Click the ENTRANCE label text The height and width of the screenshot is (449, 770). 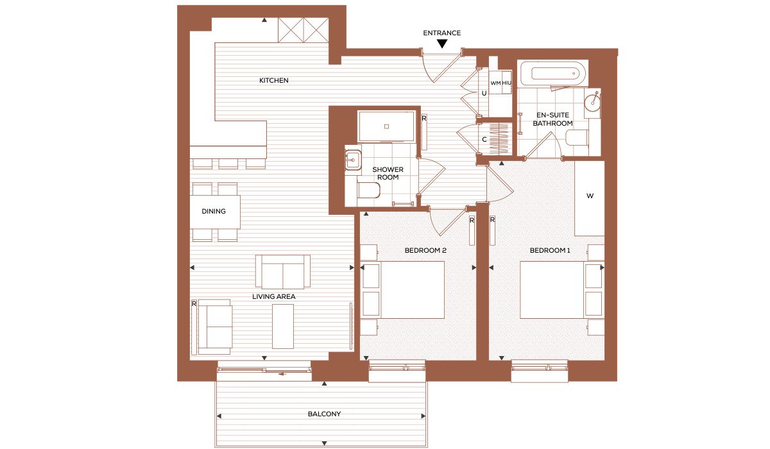click(x=441, y=33)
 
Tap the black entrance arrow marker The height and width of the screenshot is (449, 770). click(x=442, y=44)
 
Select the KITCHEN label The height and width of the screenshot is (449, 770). click(x=273, y=80)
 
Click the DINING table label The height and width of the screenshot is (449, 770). click(x=214, y=211)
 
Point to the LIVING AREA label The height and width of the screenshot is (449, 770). click(x=273, y=296)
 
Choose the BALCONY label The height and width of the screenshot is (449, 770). click(x=324, y=414)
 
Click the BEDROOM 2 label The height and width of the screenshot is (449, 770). click(x=425, y=250)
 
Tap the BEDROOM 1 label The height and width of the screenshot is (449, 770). click(x=550, y=250)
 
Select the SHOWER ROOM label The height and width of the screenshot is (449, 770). click(x=388, y=173)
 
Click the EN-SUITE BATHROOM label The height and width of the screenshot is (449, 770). click(x=552, y=119)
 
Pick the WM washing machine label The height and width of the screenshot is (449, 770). click(x=495, y=83)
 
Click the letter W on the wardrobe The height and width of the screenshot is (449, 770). click(x=590, y=196)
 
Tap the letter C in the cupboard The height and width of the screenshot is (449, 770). click(x=484, y=139)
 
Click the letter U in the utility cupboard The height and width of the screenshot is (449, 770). click(x=484, y=94)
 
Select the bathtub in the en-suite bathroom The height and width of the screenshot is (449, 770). click(x=553, y=74)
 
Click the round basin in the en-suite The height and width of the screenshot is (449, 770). click(x=592, y=100)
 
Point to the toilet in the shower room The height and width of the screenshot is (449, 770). click(x=369, y=191)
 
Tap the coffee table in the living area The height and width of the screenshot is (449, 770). click(x=283, y=326)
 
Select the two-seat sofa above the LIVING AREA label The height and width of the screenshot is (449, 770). click(x=283, y=272)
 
